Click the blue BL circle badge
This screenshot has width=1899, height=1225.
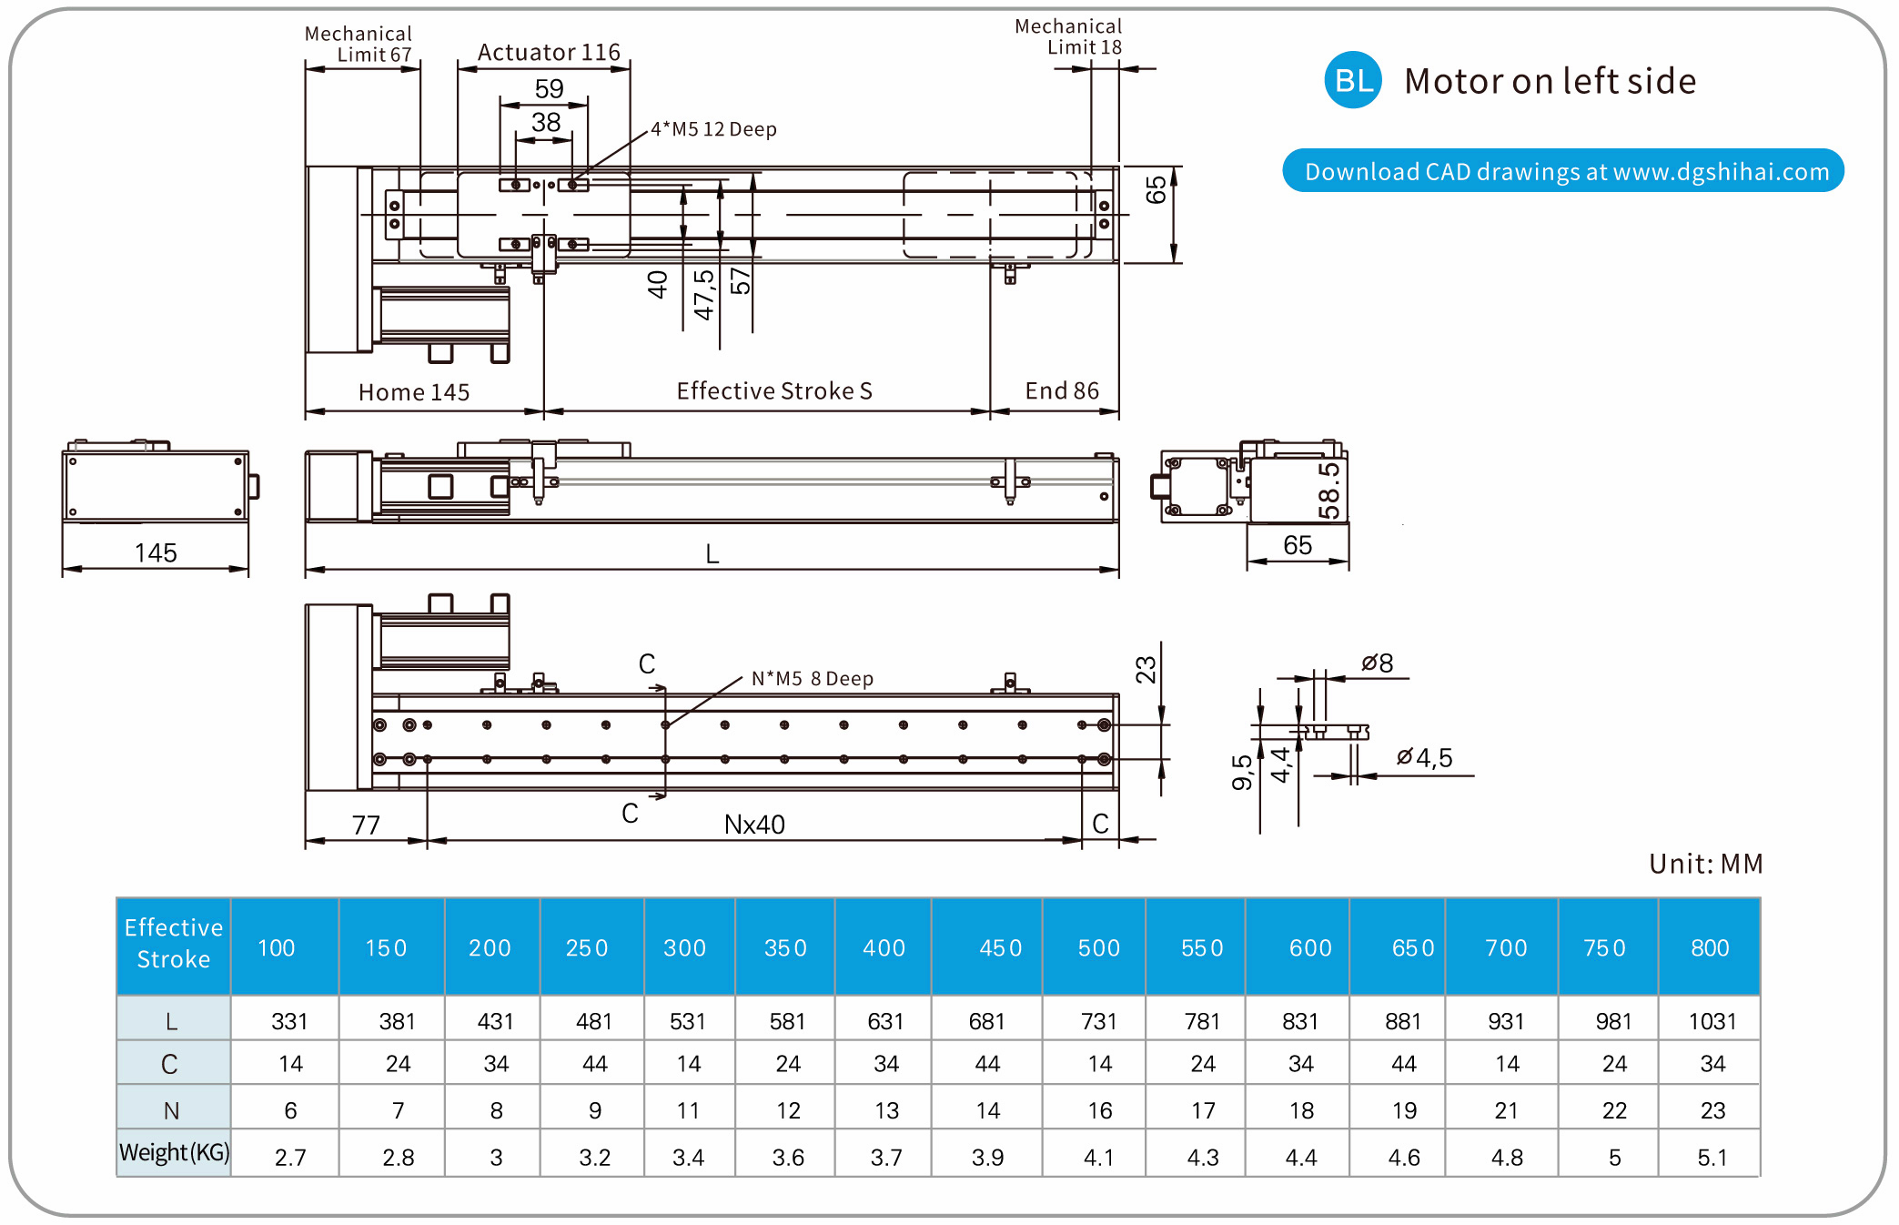[x=1352, y=80]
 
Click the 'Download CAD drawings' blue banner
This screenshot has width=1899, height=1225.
[x=1562, y=171]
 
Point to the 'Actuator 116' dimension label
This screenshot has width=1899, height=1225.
[x=549, y=53]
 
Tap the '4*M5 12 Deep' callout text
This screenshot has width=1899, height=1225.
[x=713, y=129]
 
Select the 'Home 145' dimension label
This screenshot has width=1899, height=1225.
[x=414, y=392]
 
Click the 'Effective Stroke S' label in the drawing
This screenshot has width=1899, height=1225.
[x=774, y=391]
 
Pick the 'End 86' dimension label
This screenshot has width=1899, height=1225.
[x=1062, y=391]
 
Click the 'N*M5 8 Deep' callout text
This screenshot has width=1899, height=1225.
[x=812, y=679]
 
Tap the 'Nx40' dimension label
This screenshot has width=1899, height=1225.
[x=754, y=825]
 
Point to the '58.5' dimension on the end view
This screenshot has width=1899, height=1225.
[x=1329, y=490]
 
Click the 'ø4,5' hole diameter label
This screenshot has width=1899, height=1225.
[x=1425, y=757]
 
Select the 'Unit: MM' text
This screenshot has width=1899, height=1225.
[x=1705, y=864]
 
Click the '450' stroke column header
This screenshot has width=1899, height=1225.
[x=1000, y=948]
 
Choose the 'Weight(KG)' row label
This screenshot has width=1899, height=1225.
[x=174, y=1153]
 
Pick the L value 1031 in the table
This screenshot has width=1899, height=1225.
[x=1712, y=1021]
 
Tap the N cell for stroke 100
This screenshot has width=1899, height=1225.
[x=290, y=1110]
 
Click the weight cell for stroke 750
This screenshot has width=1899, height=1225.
[x=1614, y=1158]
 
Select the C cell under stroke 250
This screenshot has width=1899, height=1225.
[x=594, y=1064]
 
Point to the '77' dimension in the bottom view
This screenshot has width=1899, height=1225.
[x=366, y=825]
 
